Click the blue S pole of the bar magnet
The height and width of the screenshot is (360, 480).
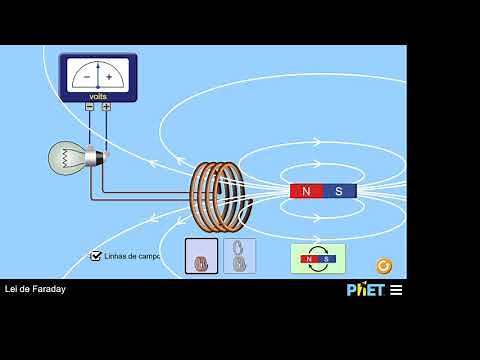(x=340, y=191)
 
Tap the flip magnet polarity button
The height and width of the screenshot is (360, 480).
(x=318, y=258)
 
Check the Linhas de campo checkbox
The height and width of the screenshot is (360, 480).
(x=96, y=256)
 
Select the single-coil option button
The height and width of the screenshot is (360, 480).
(x=201, y=256)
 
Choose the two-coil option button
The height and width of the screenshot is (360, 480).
(x=239, y=256)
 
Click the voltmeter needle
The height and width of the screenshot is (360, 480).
(x=97, y=73)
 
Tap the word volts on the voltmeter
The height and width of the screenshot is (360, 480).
(x=98, y=97)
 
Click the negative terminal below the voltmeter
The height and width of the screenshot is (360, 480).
(x=89, y=106)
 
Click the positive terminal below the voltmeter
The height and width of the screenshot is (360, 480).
(x=106, y=106)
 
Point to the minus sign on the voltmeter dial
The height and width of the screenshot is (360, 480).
(x=86, y=76)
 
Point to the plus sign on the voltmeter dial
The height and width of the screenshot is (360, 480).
(x=109, y=76)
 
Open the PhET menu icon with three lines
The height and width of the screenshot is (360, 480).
(x=396, y=290)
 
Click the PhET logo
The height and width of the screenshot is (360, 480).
(x=365, y=290)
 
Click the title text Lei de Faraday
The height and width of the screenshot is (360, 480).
(x=35, y=290)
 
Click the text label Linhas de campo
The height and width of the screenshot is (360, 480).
(x=132, y=256)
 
